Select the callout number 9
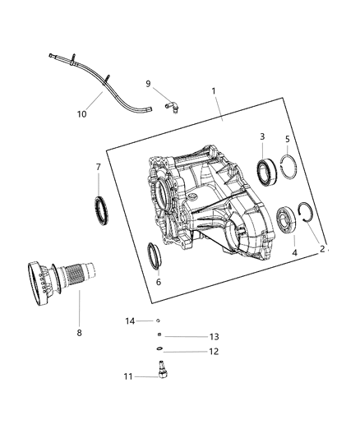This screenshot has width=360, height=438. tap(148, 83)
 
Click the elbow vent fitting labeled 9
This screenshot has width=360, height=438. tap(173, 104)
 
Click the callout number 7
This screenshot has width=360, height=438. tap(99, 167)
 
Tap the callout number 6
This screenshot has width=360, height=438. tap(159, 282)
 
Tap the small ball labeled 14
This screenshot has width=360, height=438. tap(158, 321)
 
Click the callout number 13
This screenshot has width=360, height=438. tap(191, 336)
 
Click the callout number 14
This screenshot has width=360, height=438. tap(129, 320)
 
